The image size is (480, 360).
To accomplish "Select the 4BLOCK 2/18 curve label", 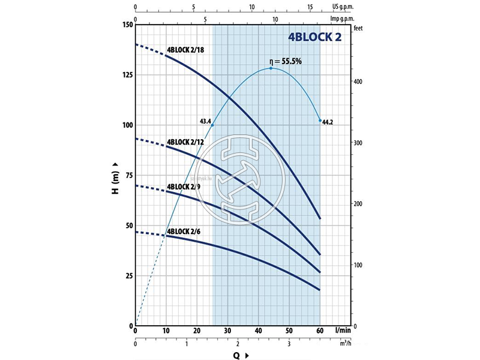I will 185,50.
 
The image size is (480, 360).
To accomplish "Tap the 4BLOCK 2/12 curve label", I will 185,142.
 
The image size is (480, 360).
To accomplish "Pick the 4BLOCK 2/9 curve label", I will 184,186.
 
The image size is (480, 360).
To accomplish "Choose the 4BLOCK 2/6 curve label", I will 184,231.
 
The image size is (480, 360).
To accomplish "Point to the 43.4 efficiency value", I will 205,121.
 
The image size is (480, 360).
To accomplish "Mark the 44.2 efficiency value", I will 328,122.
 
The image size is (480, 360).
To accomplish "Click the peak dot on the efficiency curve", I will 271,68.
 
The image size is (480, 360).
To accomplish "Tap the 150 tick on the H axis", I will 126,25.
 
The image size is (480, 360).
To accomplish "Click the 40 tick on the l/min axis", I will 259,331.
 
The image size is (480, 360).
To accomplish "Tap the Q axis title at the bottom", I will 238,355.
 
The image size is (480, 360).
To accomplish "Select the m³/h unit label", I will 343,344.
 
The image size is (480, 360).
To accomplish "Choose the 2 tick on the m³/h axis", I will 238,344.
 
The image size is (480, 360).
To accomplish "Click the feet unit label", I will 359,28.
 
